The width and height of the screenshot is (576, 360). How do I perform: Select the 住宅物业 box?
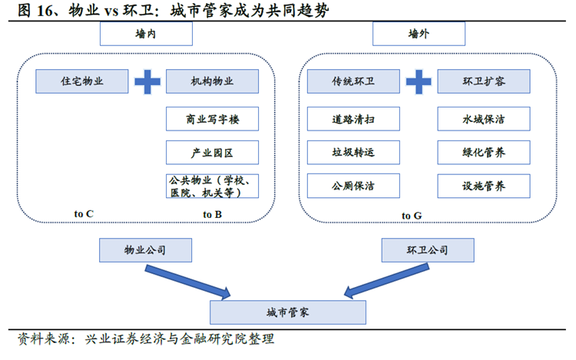[81, 81]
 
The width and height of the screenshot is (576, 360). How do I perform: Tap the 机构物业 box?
[212, 81]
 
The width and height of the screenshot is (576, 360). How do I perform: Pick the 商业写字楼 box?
[212, 119]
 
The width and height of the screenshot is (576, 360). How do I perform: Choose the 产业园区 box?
[212, 152]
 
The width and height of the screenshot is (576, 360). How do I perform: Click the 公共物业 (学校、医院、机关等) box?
[212, 187]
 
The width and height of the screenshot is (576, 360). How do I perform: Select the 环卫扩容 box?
[483, 81]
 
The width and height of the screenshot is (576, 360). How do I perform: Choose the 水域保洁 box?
[483, 119]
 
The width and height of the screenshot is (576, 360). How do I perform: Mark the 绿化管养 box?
[483, 152]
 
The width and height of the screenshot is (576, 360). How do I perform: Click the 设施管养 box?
[483, 186]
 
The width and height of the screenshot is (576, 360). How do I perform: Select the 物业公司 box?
[146, 249]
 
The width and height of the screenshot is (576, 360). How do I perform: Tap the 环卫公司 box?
[427, 249]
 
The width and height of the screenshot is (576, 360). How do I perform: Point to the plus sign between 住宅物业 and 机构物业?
[147, 82]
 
